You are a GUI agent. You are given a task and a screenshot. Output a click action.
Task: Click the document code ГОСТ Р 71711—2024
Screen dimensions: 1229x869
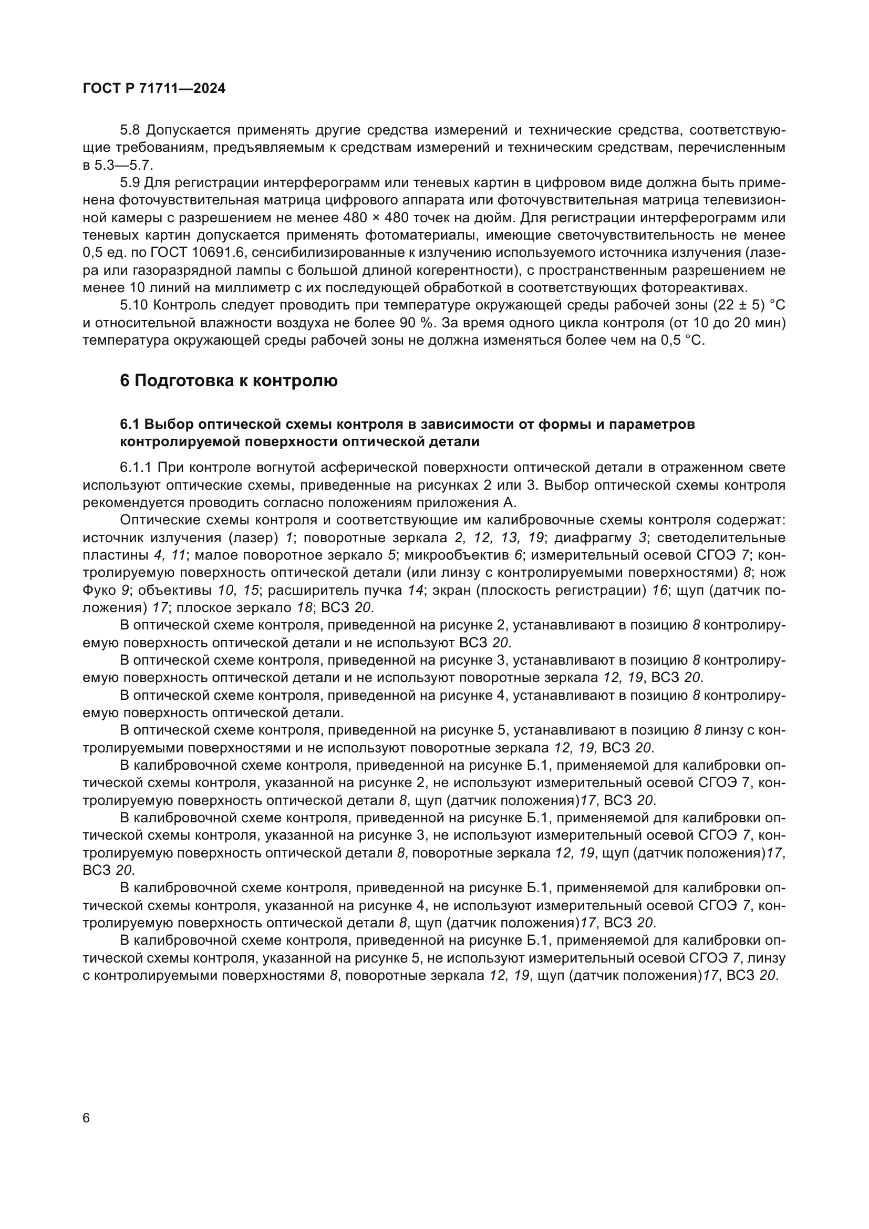pyautogui.click(x=154, y=89)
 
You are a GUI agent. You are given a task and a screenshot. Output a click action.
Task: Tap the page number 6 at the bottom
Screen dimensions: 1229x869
pyautogui.click(x=87, y=1118)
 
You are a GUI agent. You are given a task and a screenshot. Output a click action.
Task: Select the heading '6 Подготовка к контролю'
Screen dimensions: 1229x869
pyautogui.click(x=229, y=380)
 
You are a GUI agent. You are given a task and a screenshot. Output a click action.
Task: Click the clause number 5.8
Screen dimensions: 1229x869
pyautogui.click(x=130, y=130)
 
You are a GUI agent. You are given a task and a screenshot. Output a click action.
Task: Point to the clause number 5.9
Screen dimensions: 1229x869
pyautogui.click(x=130, y=183)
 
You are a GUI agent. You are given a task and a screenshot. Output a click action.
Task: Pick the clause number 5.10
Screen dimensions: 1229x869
pyautogui.click(x=134, y=306)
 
